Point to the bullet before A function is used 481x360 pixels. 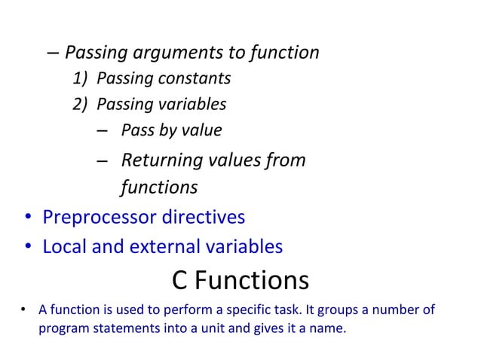[24, 311]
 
